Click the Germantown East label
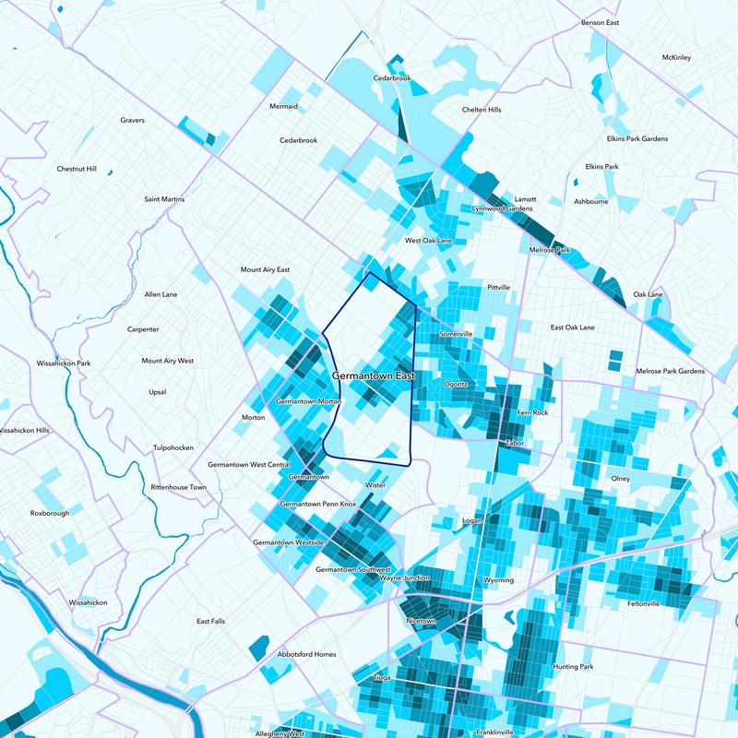coord(373,376)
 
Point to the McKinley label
coord(676,57)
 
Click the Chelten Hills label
coord(482,110)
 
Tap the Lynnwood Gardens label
coord(502,208)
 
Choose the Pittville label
coord(498,287)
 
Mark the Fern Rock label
coord(532,412)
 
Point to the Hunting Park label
coord(573,666)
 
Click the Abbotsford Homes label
coord(306,654)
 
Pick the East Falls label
coord(210,621)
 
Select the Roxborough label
coord(50,513)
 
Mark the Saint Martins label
coord(164,199)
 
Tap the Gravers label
coord(133,120)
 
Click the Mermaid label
coord(283,106)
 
